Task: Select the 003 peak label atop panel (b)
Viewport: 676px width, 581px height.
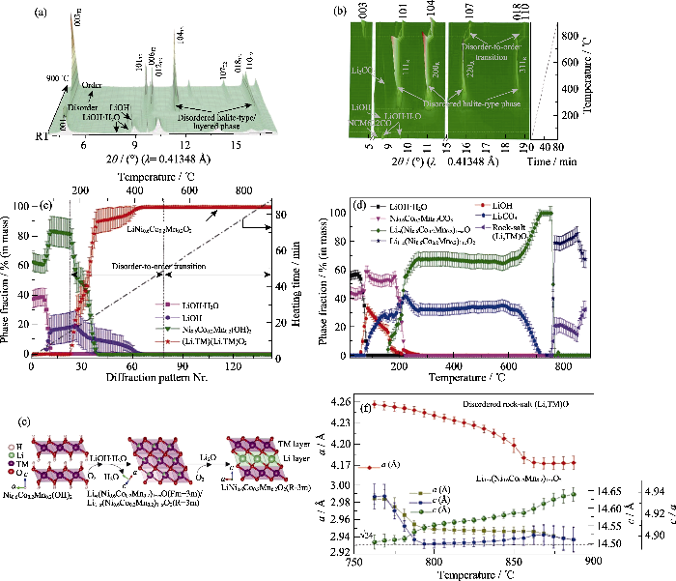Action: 369,13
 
